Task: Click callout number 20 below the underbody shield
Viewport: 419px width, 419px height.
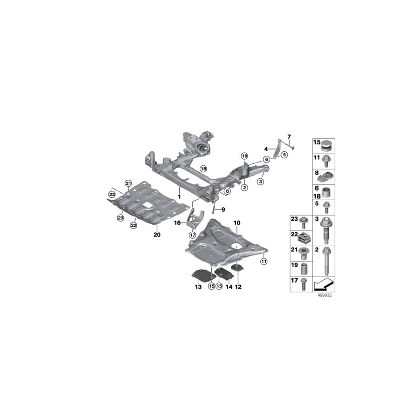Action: coord(157,235)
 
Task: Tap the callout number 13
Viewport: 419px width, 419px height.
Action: coord(198,288)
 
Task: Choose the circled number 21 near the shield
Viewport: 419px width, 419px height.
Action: coord(128,183)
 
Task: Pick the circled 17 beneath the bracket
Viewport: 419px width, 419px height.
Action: coord(192,235)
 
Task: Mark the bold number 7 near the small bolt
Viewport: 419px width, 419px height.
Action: coord(289,136)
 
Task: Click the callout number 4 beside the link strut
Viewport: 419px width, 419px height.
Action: coord(266,149)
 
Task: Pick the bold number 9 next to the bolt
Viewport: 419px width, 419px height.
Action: coord(223,209)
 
